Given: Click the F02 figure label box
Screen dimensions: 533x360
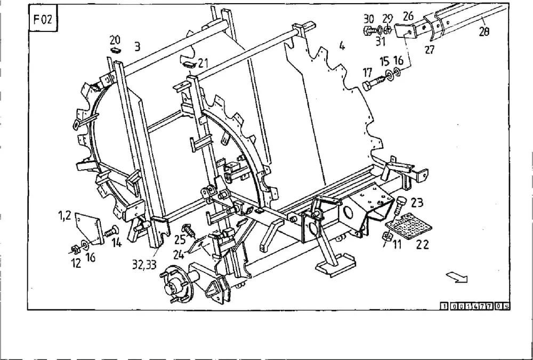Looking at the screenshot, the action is point(43,18).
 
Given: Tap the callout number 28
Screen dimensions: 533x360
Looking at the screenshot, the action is point(484,32).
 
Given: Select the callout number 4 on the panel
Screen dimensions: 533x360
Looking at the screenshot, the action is point(342,45).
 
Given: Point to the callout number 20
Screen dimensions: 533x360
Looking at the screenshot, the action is point(115,40).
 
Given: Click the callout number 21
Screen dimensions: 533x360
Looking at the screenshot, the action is point(203,63).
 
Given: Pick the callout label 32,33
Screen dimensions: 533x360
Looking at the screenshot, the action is point(144,265).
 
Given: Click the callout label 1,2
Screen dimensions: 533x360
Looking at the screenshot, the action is point(64,215).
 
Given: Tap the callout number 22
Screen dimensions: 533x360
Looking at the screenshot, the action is point(422,245).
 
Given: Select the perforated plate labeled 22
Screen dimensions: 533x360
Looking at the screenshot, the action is point(408,226).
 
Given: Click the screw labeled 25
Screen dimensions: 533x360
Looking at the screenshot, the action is point(189,231).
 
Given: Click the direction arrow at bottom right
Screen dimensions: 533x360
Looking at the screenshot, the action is point(457,277).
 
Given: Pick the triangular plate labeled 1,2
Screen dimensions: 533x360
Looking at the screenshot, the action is point(89,228).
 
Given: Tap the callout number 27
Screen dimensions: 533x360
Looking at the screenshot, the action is point(430,50).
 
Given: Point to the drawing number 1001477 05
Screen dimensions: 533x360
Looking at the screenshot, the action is point(475,306).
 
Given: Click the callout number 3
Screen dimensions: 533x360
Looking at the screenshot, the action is point(137,46).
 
